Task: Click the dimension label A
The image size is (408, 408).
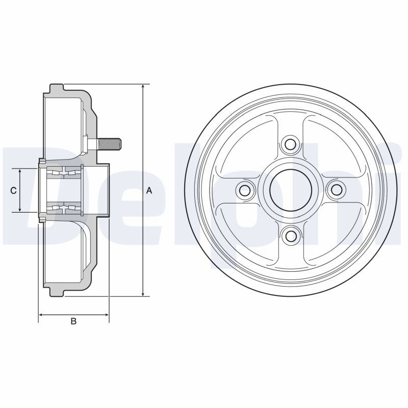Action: click(x=149, y=191)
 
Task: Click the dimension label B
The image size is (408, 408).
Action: click(x=73, y=321)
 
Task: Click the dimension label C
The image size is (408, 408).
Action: click(x=13, y=191)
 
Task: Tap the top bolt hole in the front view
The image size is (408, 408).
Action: click(x=290, y=144)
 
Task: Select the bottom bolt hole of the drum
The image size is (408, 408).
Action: click(x=290, y=236)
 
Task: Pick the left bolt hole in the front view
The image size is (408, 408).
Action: click(x=245, y=190)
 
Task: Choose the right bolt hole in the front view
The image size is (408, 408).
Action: click(x=337, y=190)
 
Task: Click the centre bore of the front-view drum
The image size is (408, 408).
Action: click(x=291, y=190)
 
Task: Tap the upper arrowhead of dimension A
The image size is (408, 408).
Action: click(x=143, y=87)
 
